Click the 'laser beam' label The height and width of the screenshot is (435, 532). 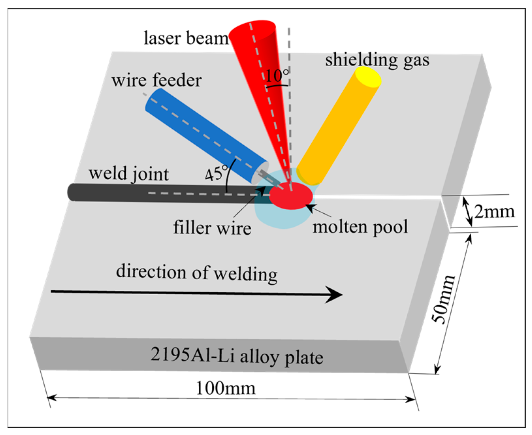pos(186,39)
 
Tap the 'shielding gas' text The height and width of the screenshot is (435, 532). pos(377,60)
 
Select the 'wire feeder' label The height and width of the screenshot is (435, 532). pos(156,80)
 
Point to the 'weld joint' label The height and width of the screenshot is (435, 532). pos(129,173)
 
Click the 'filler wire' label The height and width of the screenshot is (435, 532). pos(212,228)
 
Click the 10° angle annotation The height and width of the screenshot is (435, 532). pos(277,76)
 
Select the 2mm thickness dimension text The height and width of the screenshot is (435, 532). pos(494,212)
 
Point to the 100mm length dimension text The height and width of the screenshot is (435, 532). pos(225,388)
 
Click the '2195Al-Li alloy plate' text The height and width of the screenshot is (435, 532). pos(237,356)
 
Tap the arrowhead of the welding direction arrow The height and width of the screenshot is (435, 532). pos(335,295)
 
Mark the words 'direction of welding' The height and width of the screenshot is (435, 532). pos(196,273)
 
